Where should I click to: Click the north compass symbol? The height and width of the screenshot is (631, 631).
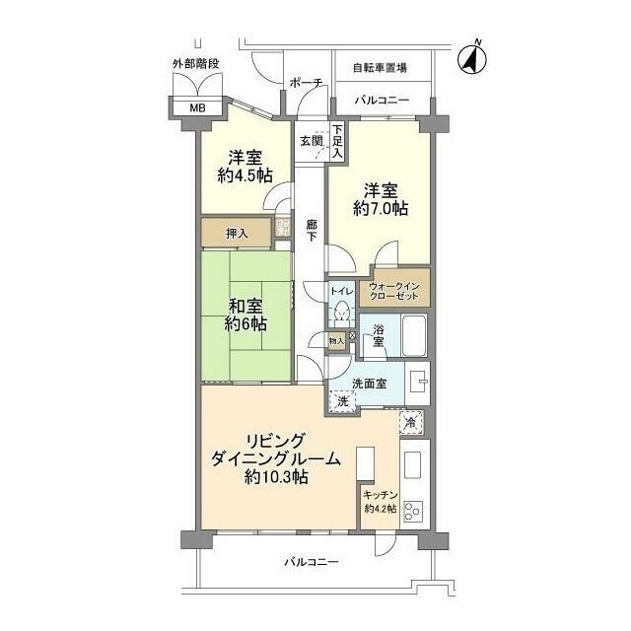click(472, 59)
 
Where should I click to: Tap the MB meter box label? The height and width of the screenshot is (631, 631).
click(197, 107)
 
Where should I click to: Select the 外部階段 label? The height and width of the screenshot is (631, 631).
click(196, 64)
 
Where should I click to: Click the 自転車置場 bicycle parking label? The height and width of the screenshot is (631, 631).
click(380, 68)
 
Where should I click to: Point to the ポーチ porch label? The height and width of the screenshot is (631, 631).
click(306, 83)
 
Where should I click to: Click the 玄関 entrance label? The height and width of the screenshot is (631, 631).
click(312, 141)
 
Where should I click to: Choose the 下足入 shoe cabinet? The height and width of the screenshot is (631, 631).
click(337, 142)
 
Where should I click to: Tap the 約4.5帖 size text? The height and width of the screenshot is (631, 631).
click(245, 175)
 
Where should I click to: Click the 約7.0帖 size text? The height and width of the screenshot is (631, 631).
click(381, 208)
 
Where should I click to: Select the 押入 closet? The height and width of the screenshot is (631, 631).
click(236, 233)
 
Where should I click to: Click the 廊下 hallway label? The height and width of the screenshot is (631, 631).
click(312, 230)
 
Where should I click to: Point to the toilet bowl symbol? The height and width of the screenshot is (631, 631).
click(342, 314)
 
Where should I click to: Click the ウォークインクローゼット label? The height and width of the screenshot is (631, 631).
click(394, 291)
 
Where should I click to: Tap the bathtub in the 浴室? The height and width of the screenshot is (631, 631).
click(414, 335)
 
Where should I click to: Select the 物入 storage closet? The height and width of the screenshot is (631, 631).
click(336, 341)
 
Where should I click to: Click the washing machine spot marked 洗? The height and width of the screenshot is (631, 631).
click(342, 401)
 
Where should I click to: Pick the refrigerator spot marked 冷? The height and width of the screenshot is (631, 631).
click(411, 423)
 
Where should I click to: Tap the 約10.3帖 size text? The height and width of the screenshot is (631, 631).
click(276, 477)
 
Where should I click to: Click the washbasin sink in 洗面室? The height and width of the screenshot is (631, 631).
click(418, 382)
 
